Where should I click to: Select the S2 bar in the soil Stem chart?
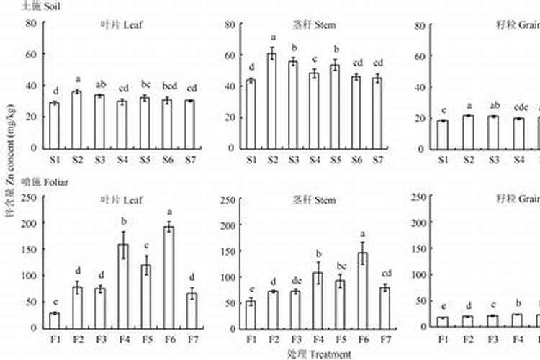[x=272, y=101]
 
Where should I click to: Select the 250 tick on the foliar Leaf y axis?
[x=30, y=197]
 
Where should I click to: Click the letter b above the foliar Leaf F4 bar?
[x=123, y=221]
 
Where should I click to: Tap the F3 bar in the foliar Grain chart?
[x=492, y=320]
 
